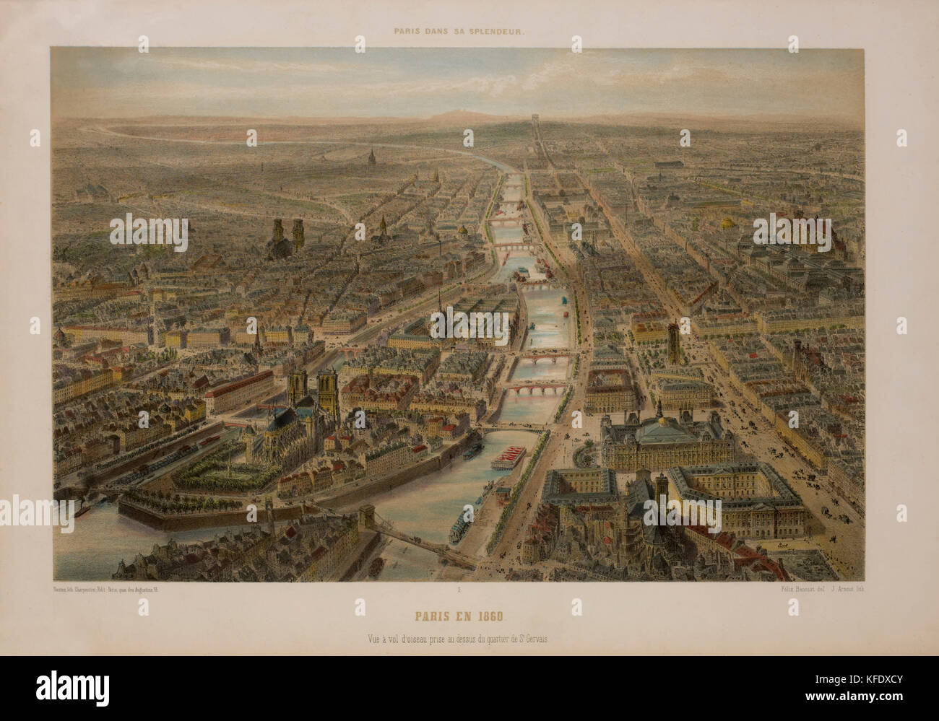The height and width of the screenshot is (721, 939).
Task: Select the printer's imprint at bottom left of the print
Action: tap(108, 590)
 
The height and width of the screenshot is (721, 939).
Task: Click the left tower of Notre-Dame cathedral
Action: tap(298, 388)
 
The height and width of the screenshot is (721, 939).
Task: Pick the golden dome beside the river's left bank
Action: tap(463, 230)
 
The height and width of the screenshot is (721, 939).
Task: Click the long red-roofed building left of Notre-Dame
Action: tap(238, 388)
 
